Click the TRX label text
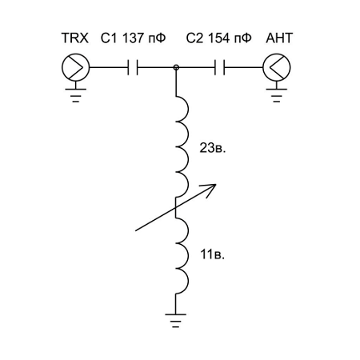(74, 38)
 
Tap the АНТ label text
(279, 38)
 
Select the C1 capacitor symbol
(133, 67)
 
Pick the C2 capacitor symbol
(219, 67)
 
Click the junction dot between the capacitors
(176, 67)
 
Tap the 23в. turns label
(213, 148)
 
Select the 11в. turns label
(213, 254)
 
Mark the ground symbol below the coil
(175, 320)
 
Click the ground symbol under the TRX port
(76, 95)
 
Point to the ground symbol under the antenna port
(277, 95)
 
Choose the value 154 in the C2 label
(218, 38)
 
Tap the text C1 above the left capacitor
(109, 38)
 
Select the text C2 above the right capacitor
(194, 38)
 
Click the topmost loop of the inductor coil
(188, 109)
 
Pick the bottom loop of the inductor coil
(188, 281)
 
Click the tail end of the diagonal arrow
(136, 230)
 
